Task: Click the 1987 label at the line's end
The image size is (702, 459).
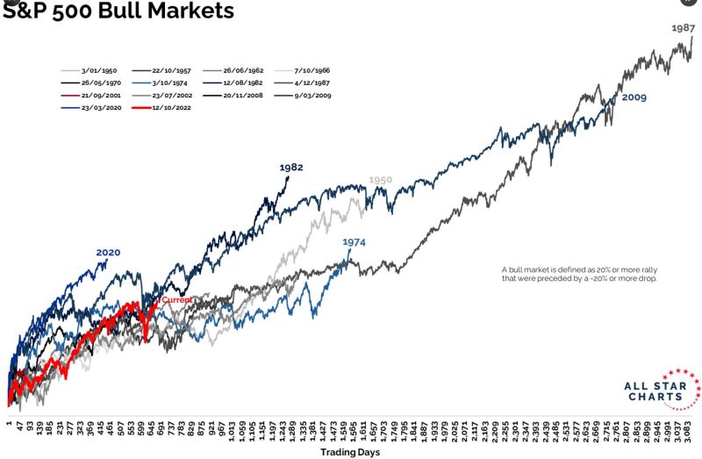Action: (684, 28)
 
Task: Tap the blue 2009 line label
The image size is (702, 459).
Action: (634, 97)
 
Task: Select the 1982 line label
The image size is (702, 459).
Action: (291, 167)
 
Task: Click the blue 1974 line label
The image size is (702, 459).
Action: (354, 241)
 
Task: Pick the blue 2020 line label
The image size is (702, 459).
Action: (108, 253)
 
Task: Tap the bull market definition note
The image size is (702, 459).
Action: (579, 274)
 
